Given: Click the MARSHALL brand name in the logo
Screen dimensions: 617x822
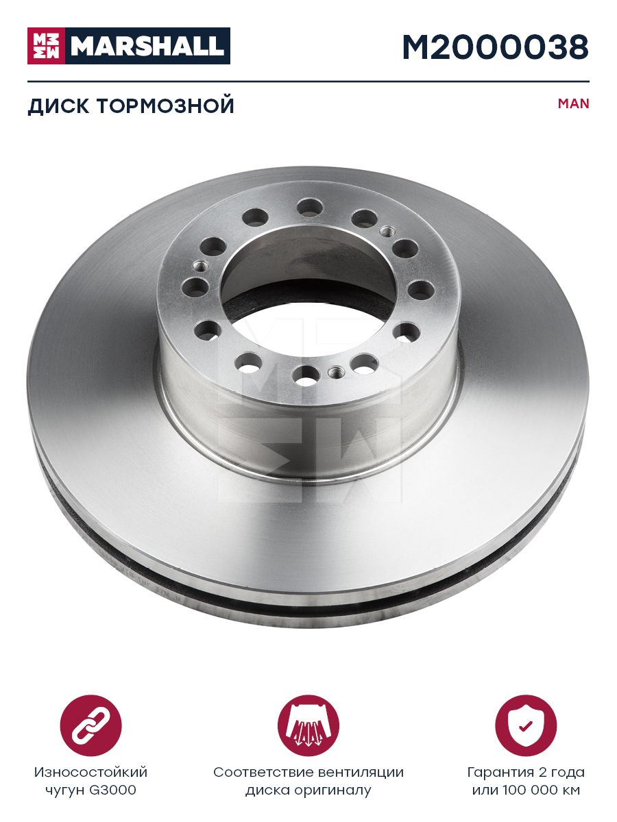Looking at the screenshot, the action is (x=147, y=46).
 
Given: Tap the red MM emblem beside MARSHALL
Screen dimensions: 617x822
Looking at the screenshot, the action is (x=46, y=46).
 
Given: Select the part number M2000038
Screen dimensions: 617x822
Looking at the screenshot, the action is (x=495, y=47).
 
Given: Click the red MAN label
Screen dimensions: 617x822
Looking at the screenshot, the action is (x=573, y=103).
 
